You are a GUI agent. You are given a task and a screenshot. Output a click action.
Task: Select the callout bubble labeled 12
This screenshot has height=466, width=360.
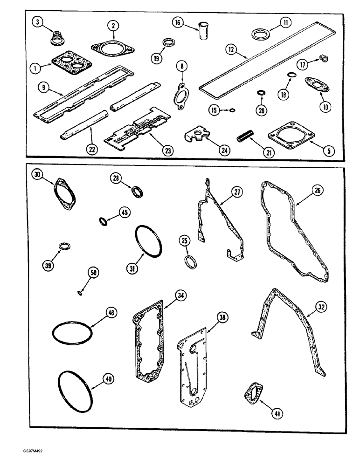coord(229,48)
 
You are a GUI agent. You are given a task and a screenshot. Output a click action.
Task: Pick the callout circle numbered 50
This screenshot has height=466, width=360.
coord(95,274)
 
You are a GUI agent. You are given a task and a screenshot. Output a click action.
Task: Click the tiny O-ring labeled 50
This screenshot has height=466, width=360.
coord(80,293)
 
